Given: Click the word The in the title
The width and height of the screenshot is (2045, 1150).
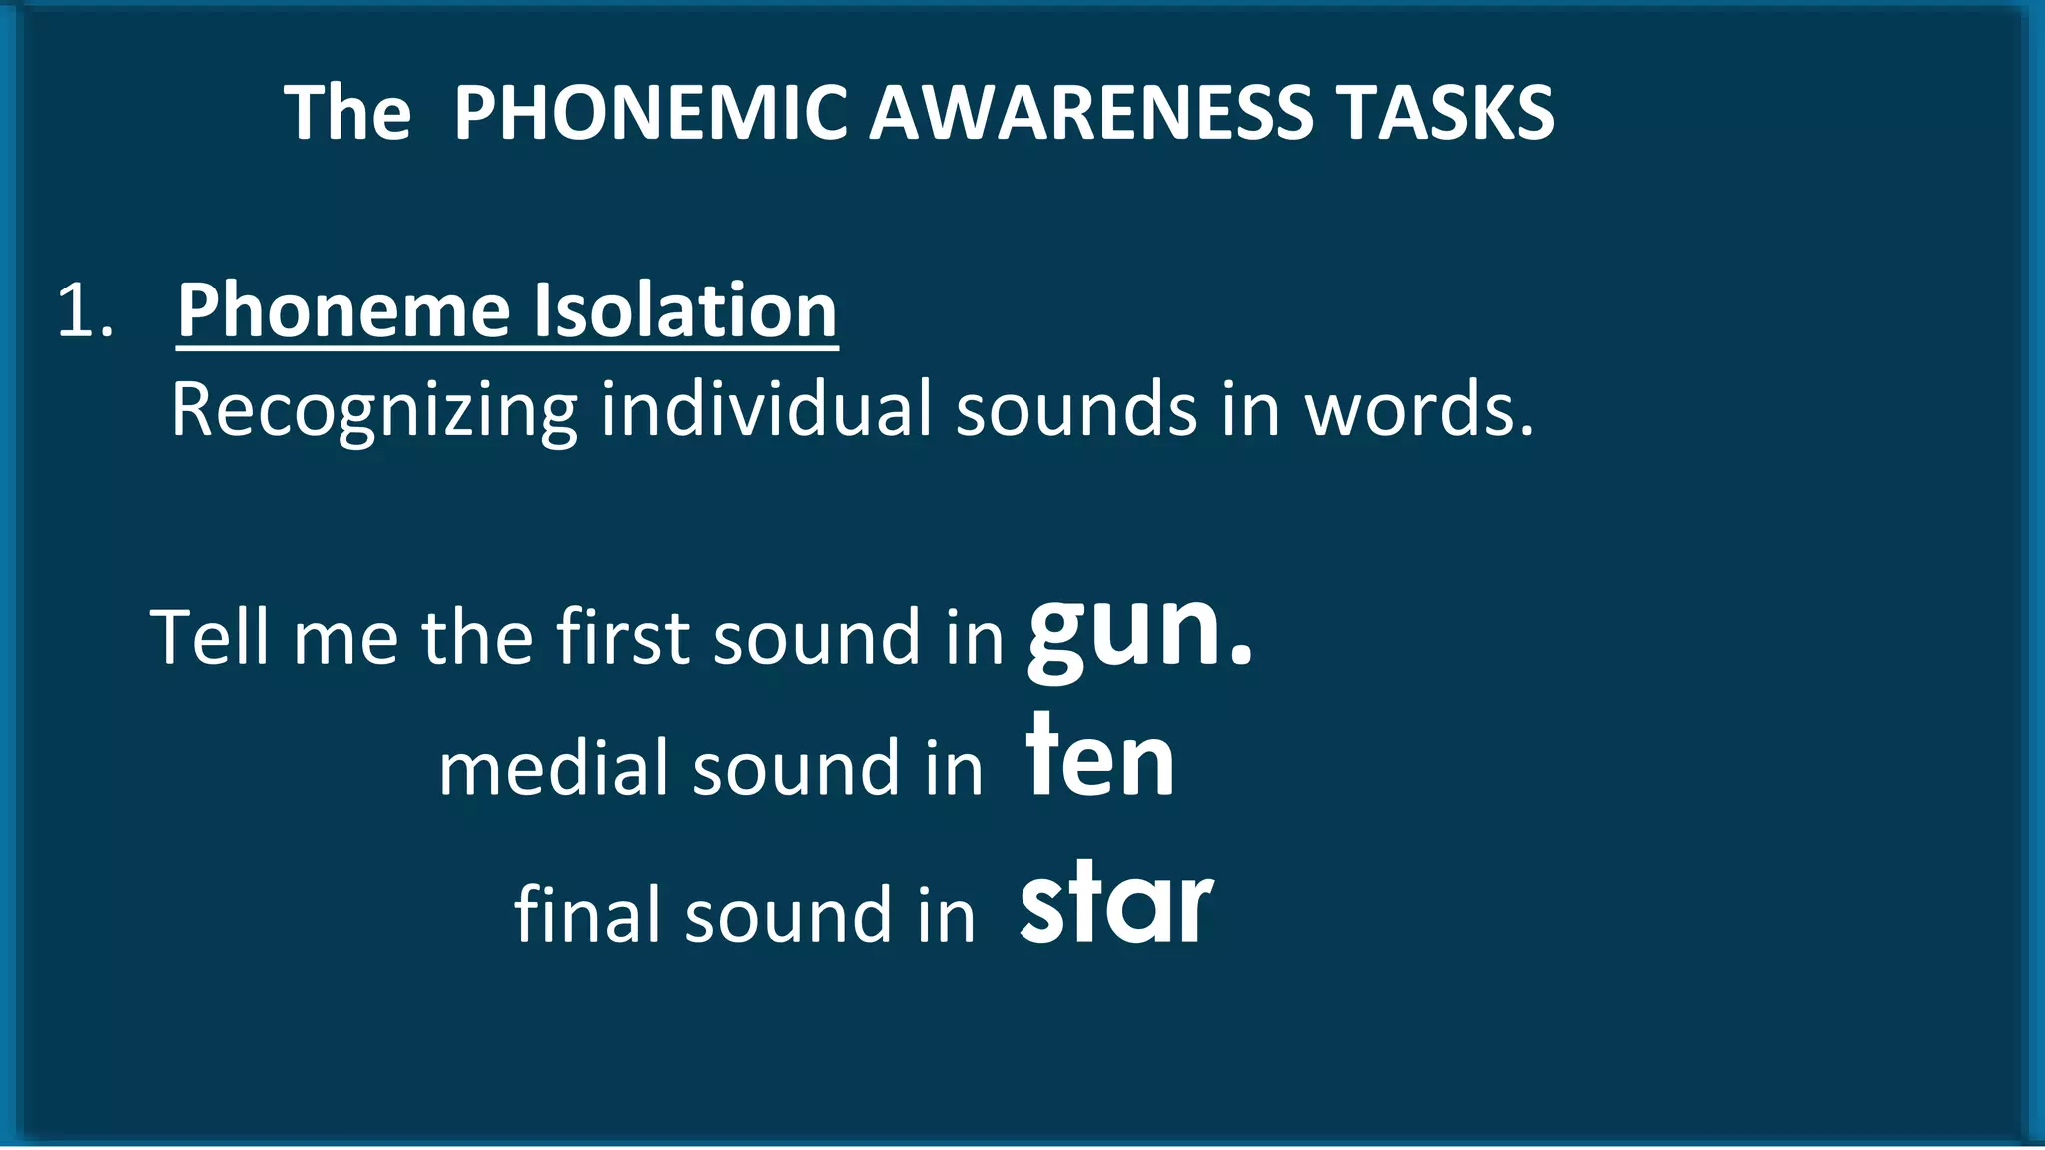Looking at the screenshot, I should point(346,112).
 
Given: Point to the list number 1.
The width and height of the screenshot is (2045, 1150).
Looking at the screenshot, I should point(84,311).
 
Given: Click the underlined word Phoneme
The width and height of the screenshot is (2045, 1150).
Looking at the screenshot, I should point(344,311).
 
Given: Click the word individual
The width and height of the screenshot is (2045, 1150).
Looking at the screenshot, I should point(765,409).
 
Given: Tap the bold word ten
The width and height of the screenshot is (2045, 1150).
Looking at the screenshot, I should point(1100,759).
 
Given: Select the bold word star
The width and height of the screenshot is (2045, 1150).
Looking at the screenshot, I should point(1115,904).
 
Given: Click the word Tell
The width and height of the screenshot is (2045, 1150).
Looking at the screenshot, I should point(209,637).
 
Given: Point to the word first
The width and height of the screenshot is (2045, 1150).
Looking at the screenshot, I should point(622,637).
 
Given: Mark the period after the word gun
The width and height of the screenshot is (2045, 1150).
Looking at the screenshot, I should point(1240,656).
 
